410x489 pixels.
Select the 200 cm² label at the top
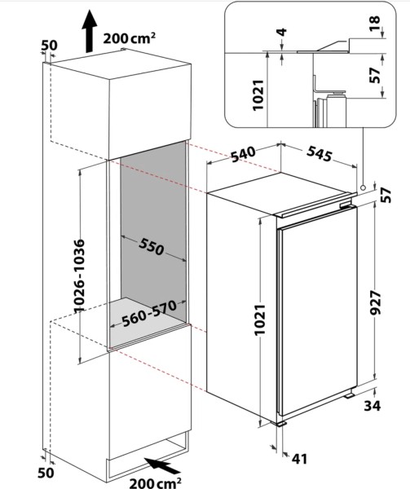[130, 37]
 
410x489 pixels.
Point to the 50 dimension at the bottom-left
[46, 472]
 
